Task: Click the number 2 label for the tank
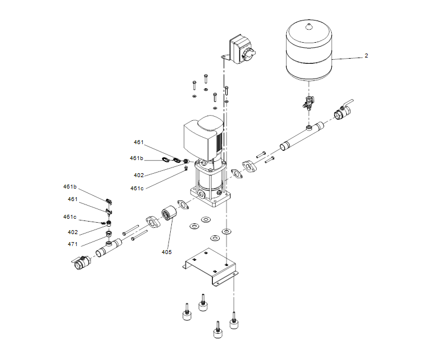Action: [x=367, y=56]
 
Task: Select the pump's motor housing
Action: [x=203, y=137]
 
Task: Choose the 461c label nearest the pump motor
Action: [x=137, y=188]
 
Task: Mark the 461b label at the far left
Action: [x=69, y=186]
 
